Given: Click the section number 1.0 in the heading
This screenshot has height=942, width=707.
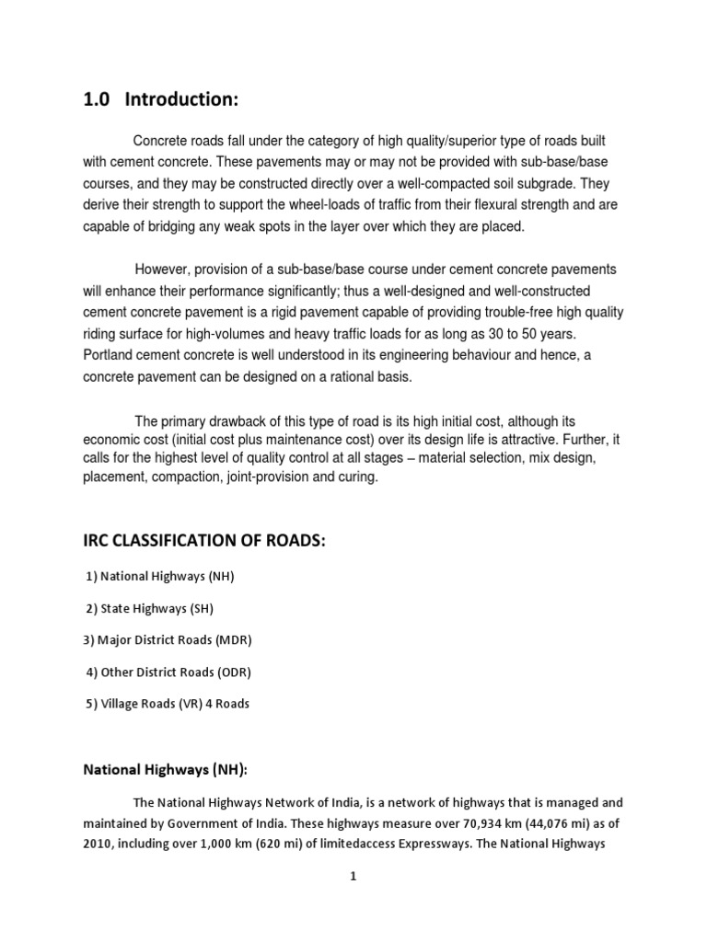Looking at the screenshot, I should pos(96,99).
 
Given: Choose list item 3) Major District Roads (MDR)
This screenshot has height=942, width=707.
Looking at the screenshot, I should pos(168,639).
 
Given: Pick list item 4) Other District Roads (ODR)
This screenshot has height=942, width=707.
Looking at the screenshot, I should pos(168,672).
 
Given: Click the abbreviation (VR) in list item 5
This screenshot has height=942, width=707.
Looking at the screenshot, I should pos(184,704).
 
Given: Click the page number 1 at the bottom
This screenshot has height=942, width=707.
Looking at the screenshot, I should pos(353,877).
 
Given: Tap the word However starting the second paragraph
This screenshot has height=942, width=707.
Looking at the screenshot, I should pos(164,269).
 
